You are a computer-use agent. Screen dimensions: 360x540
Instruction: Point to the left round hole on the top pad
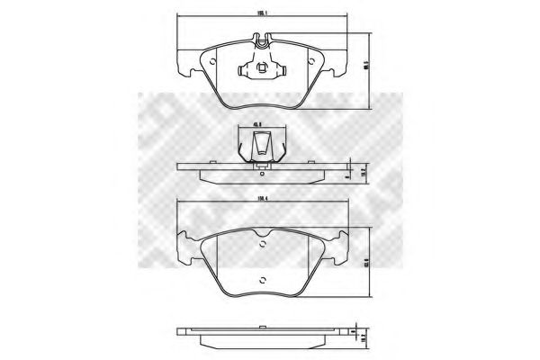212,62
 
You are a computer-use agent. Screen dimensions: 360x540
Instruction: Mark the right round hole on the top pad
310,62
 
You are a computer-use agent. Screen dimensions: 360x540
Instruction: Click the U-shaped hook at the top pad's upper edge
261,40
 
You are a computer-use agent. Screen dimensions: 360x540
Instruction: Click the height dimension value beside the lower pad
367,263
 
